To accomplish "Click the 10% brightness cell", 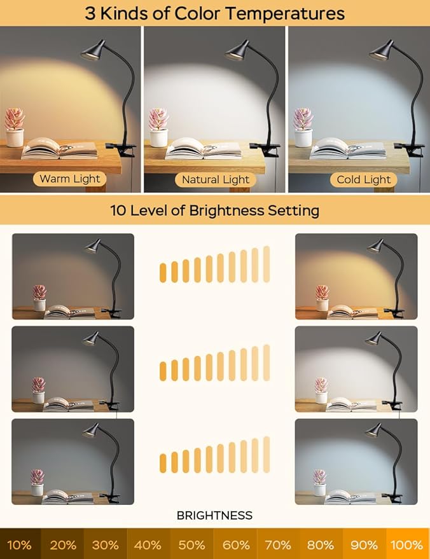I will coord(20,545).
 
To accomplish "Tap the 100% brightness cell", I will coord(408,545).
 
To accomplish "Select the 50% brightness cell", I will coord(192,545).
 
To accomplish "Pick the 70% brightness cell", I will coord(278,545).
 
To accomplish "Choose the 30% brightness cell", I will coord(106,545).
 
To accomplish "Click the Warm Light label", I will coord(70,179).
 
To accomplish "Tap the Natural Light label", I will coord(215,179).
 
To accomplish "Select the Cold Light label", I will coord(363,179).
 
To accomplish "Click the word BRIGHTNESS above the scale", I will coord(214,515).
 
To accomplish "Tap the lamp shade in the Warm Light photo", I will coord(93,50).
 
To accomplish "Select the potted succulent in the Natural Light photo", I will coord(158,127).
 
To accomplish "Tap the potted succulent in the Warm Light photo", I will coord(14,127).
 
